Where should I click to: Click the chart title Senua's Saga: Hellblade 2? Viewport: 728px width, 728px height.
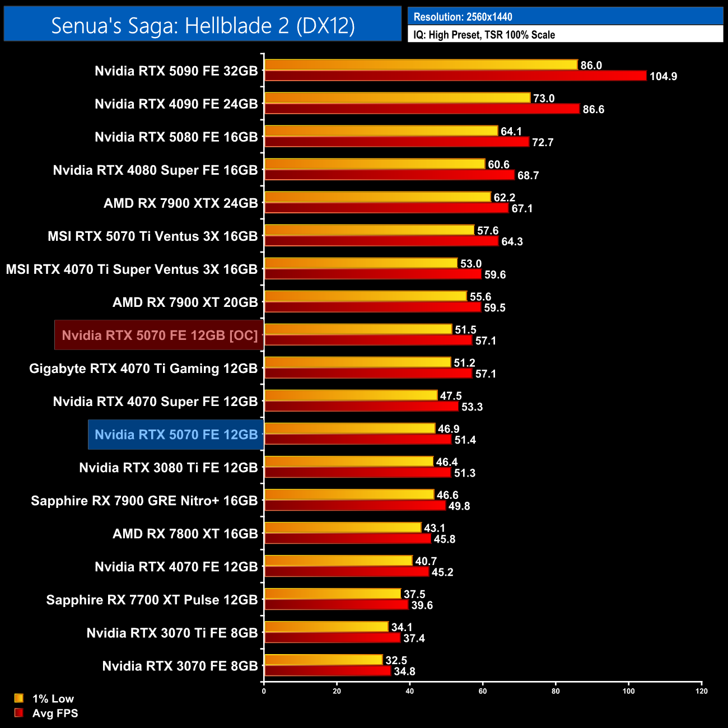(203, 25)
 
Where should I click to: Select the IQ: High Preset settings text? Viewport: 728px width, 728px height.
(484, 35)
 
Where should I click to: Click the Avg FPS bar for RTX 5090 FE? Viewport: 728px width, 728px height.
(455, 76)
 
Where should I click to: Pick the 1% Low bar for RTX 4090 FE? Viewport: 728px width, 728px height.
(397, 98)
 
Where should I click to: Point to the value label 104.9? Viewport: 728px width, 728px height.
(663, 76)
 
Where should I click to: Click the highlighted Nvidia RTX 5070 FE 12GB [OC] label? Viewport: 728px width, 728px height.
(160, 335)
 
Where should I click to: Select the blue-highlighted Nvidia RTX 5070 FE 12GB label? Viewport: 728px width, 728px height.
(176, 435)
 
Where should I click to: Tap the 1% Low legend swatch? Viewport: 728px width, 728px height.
(19, 698)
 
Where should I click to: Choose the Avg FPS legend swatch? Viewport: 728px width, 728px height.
(19, 713)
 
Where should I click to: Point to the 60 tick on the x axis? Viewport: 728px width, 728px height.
(483, 691)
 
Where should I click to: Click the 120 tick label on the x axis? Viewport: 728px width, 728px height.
(702, 691)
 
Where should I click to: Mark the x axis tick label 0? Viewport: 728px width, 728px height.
(264, 691)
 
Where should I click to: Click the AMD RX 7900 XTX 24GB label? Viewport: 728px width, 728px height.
(180, 203)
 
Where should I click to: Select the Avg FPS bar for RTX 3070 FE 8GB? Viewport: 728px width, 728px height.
(328, 671)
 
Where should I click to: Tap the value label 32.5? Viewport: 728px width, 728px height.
(396, 661)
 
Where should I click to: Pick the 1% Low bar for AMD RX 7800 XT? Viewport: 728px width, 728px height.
(343, 528)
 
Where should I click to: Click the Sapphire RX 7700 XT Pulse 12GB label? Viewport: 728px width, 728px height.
(152, 600)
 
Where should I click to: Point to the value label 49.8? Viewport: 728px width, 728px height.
(459, 506)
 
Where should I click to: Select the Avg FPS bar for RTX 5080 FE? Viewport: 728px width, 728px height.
(396, 142)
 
